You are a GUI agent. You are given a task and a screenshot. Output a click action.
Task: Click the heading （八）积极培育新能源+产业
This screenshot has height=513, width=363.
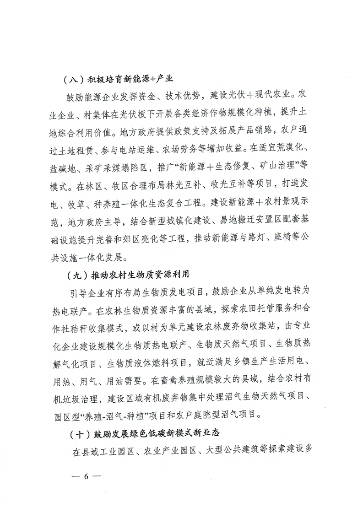click(118, 78)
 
